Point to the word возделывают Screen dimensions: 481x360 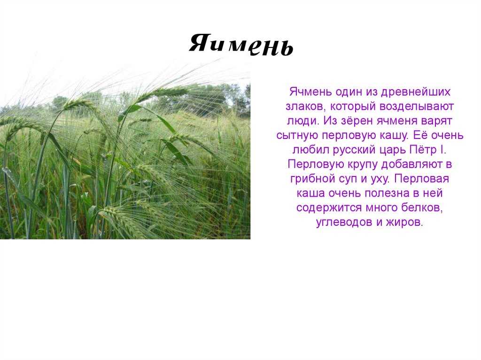point(417,107)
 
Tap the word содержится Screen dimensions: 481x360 point(329,208)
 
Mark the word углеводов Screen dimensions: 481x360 point(344,222)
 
